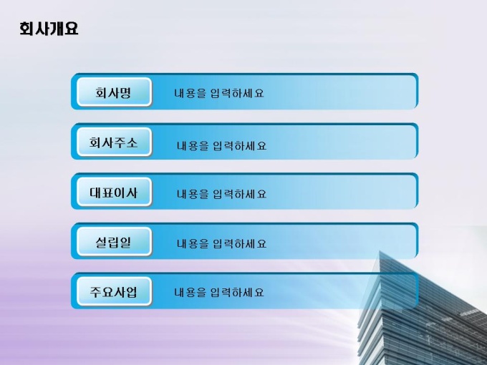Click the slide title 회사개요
[x=49, y=29]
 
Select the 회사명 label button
[x=114, y=92]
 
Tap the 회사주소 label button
[x=114, y=142]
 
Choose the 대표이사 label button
[x=114, y=192]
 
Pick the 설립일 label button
[x=114, y=241]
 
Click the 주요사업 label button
[x=114, y=291]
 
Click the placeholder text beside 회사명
[x=219, y=93]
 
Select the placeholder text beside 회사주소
[x=222, y=145]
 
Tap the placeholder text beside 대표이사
[x=222, y=194]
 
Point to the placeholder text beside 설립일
[x=222, y=243]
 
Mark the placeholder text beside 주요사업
[x=219, y=292]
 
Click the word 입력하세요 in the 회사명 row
[x=237, y=93]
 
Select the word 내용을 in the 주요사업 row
[x=190, y=292]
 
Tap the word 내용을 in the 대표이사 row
[x=193, y=194]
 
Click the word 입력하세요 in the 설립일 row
[x=240, y=243]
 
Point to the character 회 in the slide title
[x=26, y=29]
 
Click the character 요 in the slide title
[x=71, y=29]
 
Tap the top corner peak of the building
[x=380, y=251]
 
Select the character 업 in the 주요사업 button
[x=132, y=292]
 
